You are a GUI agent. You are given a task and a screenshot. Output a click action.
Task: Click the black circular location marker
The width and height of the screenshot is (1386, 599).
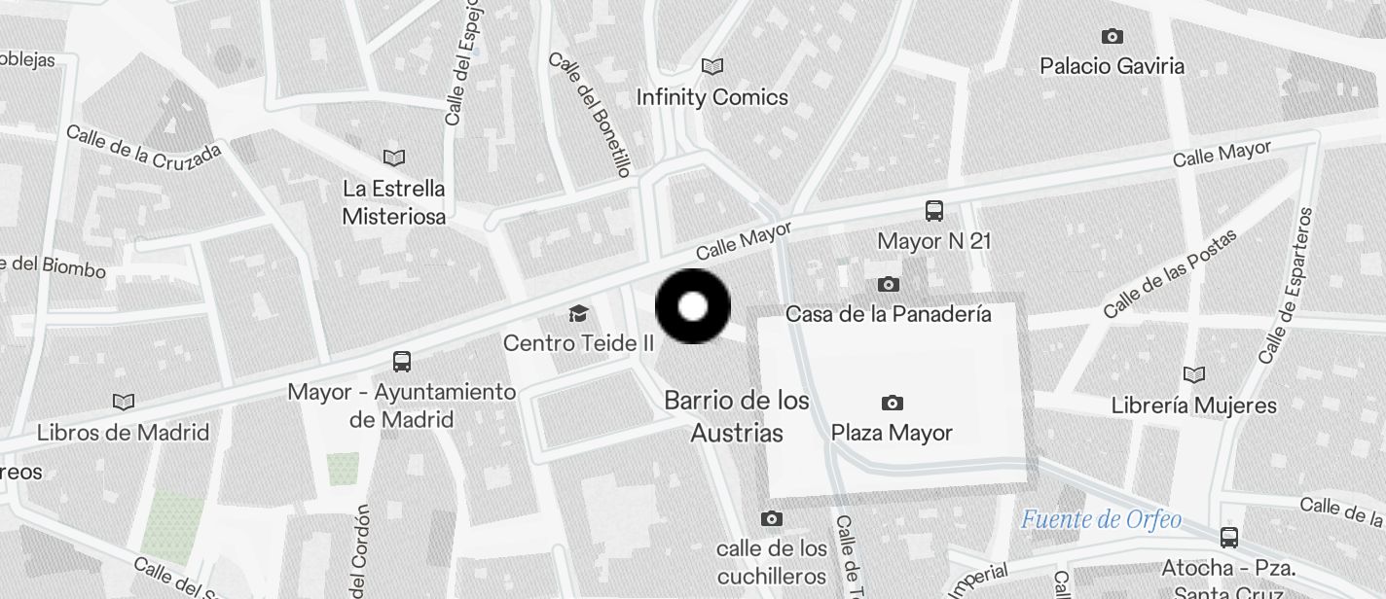(x=693, y=307)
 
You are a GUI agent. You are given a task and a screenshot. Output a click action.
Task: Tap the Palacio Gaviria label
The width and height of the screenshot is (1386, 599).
(x=1112, y=66)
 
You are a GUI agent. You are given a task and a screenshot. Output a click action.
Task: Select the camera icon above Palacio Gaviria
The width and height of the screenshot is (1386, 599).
(x=1112, y=37)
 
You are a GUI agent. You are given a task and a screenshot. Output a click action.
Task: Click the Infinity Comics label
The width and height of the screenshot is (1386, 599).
(x=711, y=97)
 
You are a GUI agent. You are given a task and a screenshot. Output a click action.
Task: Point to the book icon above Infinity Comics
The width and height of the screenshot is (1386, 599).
(x=712, y=66)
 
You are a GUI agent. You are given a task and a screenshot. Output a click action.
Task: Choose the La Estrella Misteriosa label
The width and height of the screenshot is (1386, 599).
(x=394, y=202)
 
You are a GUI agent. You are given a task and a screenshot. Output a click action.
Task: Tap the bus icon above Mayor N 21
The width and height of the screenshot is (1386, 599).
(x=933, y=210)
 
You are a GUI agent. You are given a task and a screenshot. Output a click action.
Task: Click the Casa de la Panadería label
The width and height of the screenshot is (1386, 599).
(x=888, y=314)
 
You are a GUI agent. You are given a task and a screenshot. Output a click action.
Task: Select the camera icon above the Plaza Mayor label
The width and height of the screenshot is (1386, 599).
(x=892, y=403)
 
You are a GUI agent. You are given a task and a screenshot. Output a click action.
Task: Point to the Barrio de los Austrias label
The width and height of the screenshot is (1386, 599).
(x=737, y=416)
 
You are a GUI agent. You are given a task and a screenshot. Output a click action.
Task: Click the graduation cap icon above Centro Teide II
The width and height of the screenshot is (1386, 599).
(x=578, y=313)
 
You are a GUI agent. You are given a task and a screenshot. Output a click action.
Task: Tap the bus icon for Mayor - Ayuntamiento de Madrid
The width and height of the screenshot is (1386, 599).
(x=401, y=362)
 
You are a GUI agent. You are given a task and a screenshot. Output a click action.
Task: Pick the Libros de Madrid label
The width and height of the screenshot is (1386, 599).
(x=123, y=433)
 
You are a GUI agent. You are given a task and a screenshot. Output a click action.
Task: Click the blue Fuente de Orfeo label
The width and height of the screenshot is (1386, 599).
(x=1101, y=519)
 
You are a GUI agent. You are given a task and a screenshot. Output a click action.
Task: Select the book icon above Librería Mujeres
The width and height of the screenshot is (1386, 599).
(x=1193, y=374)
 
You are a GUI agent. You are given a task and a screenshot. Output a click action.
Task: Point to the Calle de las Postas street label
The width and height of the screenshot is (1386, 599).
(x=1170, y=274)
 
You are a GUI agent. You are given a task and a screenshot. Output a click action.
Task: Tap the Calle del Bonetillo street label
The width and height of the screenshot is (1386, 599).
(x=590, y=114)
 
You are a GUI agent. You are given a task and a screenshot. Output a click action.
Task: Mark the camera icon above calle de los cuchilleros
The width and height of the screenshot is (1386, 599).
(x=772, y=519)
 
